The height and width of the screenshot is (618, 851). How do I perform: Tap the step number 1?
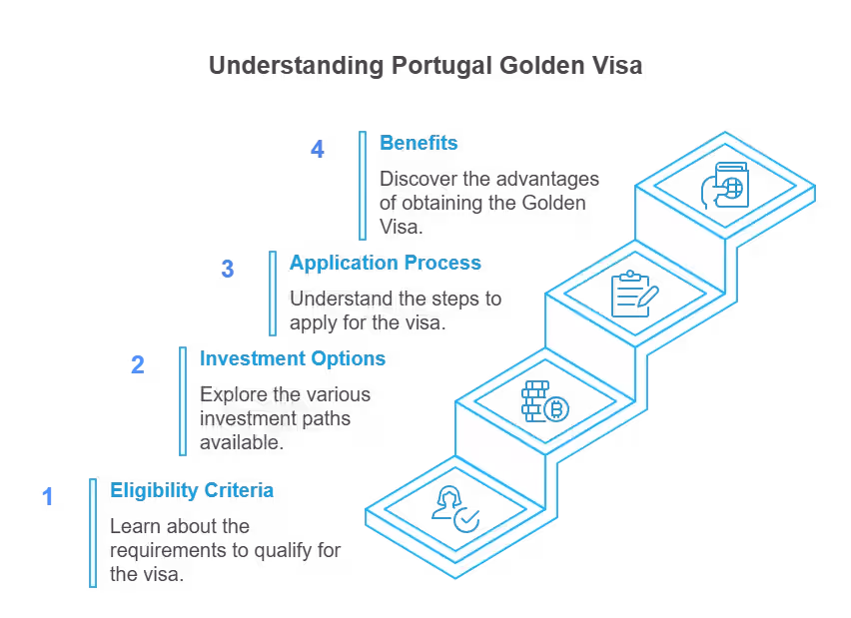point(47,496)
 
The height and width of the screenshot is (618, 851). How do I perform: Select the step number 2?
point(138,364)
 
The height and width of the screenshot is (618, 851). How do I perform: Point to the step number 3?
point(228,269)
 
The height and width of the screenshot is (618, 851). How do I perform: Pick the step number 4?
point(318,150)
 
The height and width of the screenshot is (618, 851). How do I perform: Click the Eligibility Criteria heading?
point(192,490)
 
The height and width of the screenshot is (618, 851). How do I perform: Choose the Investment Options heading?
point(293,358)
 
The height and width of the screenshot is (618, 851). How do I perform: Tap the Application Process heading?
point(386,264)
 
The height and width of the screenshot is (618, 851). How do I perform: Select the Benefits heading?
point(419,143)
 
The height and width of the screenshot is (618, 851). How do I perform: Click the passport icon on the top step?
point(725,187)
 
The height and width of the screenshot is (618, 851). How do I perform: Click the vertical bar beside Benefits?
point(363,186)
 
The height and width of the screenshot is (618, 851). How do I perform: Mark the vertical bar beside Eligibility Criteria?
point(93,533)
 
